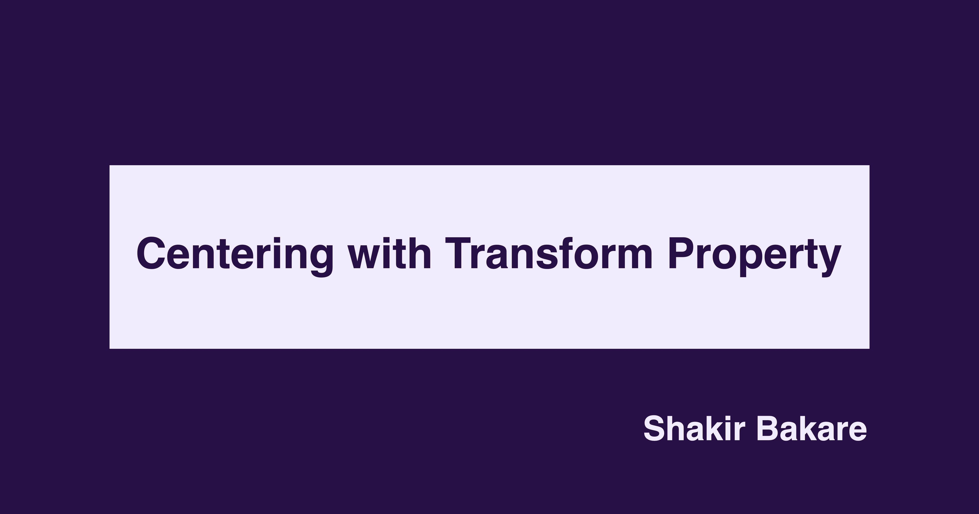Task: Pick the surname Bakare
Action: click(x=811, y=429)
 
